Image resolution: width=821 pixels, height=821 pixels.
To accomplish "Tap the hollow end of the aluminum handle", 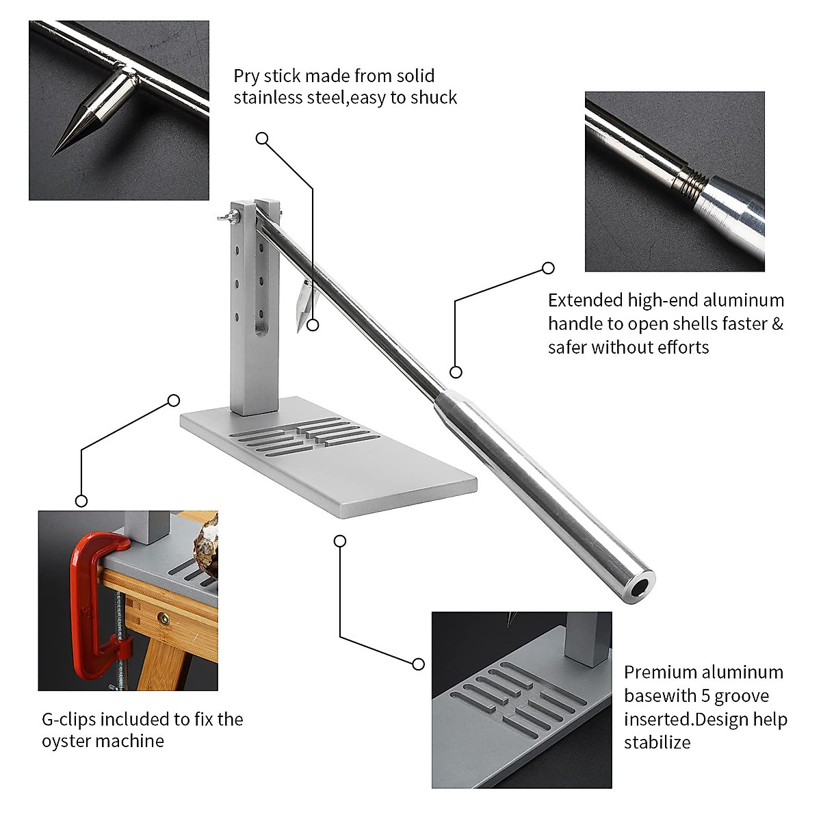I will click(x=640, y=587).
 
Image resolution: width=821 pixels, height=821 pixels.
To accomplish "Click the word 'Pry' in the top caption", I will click(x=246, y=76).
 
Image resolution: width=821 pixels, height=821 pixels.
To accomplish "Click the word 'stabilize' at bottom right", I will click(x=657, y=742).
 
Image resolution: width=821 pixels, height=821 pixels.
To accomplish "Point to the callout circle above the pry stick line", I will click(x=262, y=138).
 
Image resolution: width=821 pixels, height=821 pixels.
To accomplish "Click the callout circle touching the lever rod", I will click(x=456, y=372).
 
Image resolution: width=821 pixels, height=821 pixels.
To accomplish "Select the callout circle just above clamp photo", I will click(x=81, y=501).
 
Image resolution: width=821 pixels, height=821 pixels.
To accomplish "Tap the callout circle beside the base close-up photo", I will click(x=419, y=664).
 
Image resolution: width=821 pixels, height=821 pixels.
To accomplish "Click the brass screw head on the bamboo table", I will click(x=164, y=618).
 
